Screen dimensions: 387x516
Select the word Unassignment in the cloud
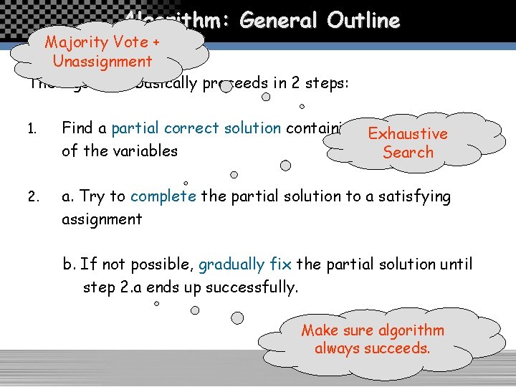(102, 61)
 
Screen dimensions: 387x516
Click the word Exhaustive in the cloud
(407, 133)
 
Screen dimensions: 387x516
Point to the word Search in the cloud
(408, 152)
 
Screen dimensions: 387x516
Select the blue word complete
(163, 196)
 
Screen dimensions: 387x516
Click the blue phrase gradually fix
(244, 264)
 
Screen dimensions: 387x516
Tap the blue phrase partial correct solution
(196, 128)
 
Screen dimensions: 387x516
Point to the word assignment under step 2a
(102, 219)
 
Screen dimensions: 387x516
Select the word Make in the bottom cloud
(318, 330)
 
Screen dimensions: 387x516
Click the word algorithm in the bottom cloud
(411, 330)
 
